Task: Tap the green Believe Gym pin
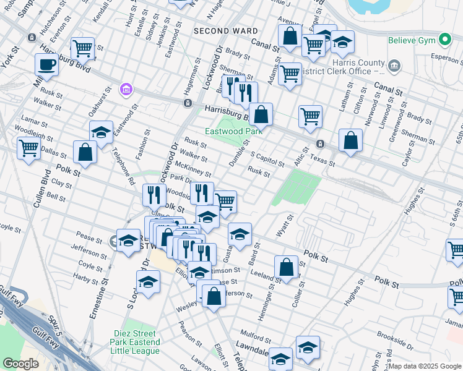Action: (445, 41)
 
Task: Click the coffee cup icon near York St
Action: (46, 64)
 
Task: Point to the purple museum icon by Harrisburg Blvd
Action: (126, 90)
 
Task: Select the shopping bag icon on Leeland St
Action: (286, 268)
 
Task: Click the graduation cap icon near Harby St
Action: (148, 282)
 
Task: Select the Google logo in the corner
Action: (20, 364)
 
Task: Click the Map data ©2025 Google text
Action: (425, 366)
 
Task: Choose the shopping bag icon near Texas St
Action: (351, 140)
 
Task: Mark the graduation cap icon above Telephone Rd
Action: (101, 132)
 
